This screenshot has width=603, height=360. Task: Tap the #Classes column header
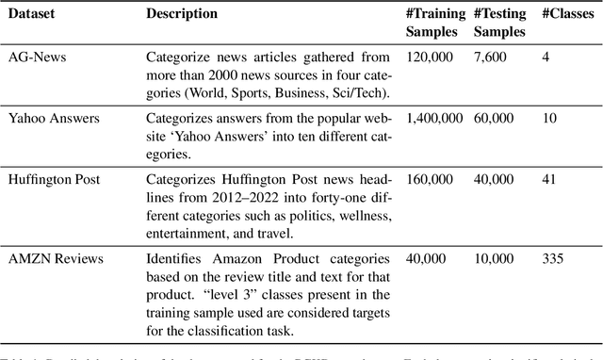coord(565,14)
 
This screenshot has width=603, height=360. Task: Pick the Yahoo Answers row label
coord(54,119)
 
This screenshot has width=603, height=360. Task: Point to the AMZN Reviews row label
coord(56,257)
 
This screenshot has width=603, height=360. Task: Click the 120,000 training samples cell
coord(430,57)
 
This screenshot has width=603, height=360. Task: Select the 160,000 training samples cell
coord(430,180)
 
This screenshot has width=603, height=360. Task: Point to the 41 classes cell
coord(549,180)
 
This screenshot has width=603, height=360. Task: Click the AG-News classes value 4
coord(546,57)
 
